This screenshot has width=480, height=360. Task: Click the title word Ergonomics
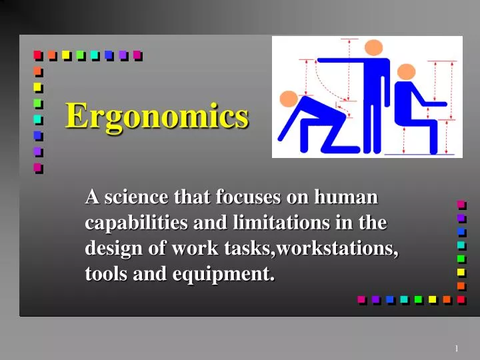click(157, 117)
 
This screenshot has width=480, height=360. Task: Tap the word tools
click(104, 273)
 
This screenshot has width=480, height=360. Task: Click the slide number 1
click(457, 349)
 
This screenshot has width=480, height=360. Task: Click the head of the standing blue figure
click(374, 47)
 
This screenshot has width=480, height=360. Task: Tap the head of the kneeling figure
click(289, 99)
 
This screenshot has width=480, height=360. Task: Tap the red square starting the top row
click(37, 55)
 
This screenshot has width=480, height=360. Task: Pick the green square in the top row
click(80, 55)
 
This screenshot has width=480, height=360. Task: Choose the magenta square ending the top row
click(137, 55)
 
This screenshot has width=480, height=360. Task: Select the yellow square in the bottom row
click(432, 300)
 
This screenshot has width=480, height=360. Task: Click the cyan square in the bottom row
click(403, 300)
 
